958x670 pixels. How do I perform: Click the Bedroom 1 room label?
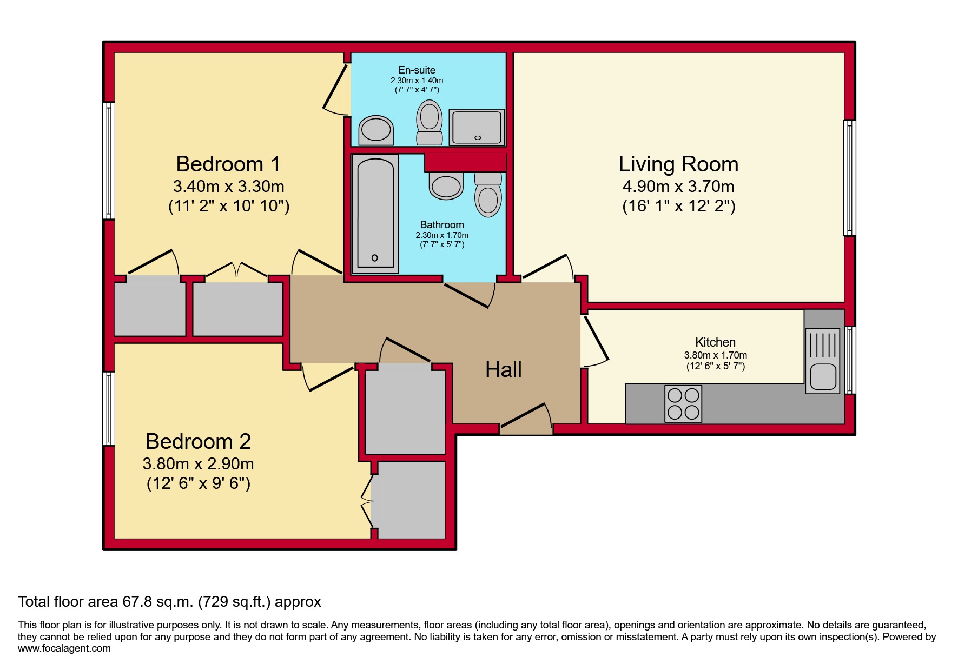point(228,164)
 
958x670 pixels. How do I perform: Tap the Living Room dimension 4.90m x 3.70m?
point(678,187)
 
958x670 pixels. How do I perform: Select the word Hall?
point(503,369)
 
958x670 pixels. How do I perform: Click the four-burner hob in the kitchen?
point(683,403)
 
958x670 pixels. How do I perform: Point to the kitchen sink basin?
point(823,376)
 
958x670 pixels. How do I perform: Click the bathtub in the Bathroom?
point(375,214)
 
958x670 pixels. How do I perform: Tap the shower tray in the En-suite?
point(477,127)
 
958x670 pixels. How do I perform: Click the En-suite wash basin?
point(376,130)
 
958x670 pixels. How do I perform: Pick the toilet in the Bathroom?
point(488,195)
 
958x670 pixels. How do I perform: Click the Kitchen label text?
point(715,342)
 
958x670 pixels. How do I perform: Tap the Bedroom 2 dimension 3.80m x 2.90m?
point(198,464)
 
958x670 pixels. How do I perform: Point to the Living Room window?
point(850,178)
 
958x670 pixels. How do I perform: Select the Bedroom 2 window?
point(109,408)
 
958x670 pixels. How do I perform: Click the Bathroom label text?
point(442,224)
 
